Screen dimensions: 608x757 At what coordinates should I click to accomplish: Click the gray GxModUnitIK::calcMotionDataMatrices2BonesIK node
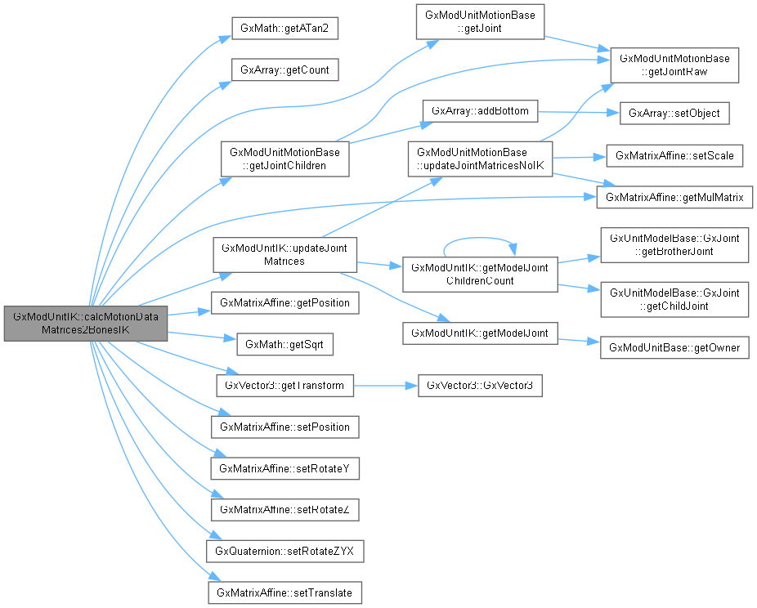85,324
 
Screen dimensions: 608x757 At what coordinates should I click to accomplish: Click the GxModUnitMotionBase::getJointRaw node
675,65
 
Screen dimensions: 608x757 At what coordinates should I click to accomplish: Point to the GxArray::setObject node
674,113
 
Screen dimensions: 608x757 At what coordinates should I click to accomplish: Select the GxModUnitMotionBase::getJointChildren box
284,159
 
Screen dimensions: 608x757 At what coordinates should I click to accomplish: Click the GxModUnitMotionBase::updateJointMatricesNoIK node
480,159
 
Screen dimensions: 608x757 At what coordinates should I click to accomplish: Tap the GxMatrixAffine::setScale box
674,155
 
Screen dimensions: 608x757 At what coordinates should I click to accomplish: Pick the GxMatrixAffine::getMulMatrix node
674,198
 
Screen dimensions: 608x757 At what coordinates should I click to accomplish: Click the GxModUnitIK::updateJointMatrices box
284,255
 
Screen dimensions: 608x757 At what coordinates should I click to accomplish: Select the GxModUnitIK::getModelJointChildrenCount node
480,273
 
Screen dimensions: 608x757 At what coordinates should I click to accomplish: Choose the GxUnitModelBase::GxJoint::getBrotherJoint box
674,245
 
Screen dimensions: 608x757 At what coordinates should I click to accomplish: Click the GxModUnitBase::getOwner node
674,348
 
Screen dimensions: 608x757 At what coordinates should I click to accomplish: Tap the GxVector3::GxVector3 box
480,385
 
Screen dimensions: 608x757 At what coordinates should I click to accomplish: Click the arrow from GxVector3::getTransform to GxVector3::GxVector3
384,385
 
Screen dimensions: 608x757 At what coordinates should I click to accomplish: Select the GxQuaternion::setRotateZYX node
284,552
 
